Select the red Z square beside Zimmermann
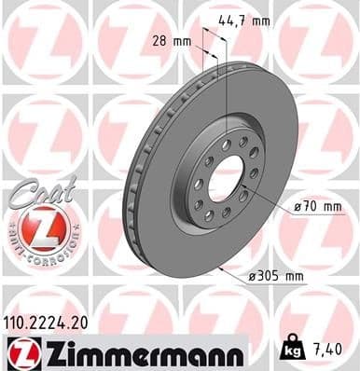click(20, 353)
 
